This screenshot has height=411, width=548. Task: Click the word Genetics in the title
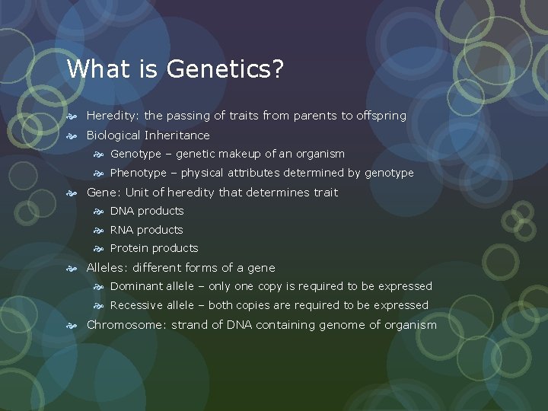[x=225, y=69]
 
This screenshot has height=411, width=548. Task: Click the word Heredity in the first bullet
[x=113, y=116]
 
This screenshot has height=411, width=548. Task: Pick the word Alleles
[x=107, y=268]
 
